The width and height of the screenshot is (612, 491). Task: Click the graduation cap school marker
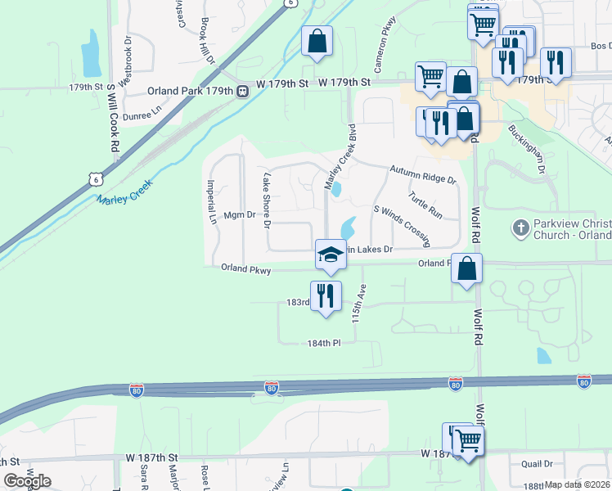click(x=331, y=255)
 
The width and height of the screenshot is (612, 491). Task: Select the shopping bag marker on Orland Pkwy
click(x=466, y=268)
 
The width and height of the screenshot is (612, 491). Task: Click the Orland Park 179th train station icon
click(x=243, y=91)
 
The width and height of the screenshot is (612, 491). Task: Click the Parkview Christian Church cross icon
click(x=521, y=227)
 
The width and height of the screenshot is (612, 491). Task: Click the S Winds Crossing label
click(x=402, y=226)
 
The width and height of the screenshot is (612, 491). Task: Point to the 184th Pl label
click(x=324, y=343)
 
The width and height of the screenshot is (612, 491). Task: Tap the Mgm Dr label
click(x=240, y=215)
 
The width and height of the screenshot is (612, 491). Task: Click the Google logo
click(x=27, y=481)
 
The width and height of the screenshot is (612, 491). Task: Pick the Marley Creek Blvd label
click(x=341, y=157)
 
